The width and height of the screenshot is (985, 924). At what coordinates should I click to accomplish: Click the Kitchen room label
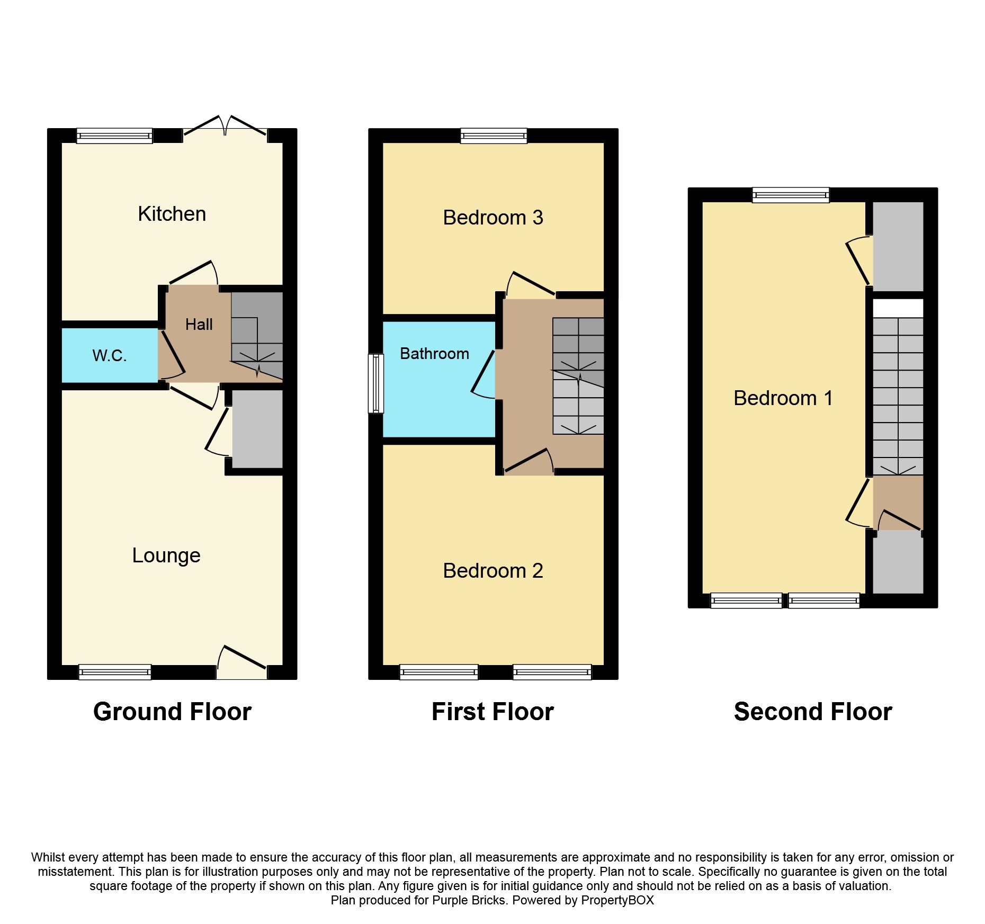172,214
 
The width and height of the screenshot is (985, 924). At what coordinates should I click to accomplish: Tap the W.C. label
110,355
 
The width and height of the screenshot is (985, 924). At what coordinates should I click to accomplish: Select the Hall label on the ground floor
199,324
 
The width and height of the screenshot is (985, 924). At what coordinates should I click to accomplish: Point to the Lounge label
166,555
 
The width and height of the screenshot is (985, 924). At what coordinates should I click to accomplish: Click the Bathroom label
434,353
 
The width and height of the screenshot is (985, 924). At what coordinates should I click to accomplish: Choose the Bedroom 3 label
493,218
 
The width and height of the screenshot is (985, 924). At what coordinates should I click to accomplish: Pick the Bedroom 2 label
493,571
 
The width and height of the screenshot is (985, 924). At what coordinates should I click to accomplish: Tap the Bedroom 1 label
783,398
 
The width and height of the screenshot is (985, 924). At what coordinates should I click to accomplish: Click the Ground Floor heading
172,712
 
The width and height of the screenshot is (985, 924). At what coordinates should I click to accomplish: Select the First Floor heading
492,712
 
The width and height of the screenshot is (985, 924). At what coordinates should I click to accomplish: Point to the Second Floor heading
813,712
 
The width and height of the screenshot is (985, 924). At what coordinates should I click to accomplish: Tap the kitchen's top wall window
114,136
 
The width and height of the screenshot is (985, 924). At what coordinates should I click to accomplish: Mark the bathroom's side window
376,383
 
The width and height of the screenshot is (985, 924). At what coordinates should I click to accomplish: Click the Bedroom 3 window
494,136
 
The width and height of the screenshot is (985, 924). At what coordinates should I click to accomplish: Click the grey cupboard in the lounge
257,429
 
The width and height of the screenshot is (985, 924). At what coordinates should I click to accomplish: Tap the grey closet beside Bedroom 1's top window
898,247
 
